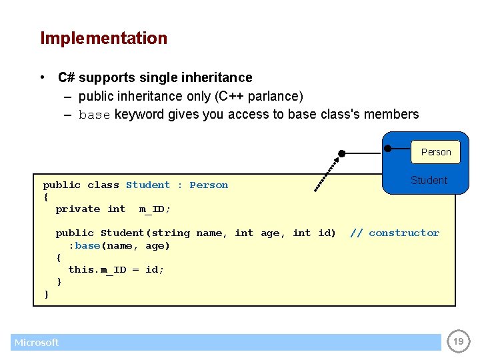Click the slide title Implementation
click(103, 39)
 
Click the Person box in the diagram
click(436, 152)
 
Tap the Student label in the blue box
click(429, 180)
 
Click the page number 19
click(458, 342)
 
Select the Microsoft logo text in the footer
click(37, 343)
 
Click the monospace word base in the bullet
click(94, 115)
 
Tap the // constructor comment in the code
click(395, 233)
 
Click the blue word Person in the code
click(209, 185)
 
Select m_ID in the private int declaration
click(155, 209)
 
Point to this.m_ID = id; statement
click(116, 269)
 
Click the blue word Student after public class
click(148, 185)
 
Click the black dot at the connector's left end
click(341, 153)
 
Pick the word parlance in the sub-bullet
click(274, 96)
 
